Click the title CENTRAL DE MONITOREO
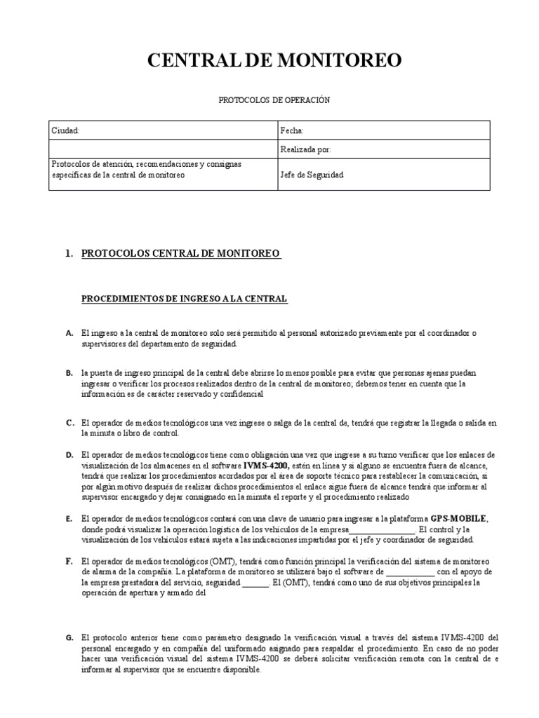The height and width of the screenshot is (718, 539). [x=274, y=62]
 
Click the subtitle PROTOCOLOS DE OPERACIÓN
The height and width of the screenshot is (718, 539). [x=274, y=100]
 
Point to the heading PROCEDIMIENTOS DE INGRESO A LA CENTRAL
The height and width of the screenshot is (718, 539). [x=185, y=299]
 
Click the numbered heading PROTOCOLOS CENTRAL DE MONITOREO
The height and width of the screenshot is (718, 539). [x=181, y=253]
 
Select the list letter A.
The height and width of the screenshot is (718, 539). [x=69, y=333]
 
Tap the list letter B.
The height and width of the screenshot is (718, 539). [x=69, y=374]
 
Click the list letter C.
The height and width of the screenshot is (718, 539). [x=69, y=423]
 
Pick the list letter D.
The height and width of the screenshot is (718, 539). [x=69, y=455]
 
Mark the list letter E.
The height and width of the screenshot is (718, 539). [x=69, y=519]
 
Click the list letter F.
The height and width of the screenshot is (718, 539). [x=69, y=562]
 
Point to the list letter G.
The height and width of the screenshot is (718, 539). [x=69, y=638]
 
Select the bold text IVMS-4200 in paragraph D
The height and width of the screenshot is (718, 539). [x=263, y=466]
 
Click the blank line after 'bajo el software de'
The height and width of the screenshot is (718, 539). [x=411, y=572]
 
